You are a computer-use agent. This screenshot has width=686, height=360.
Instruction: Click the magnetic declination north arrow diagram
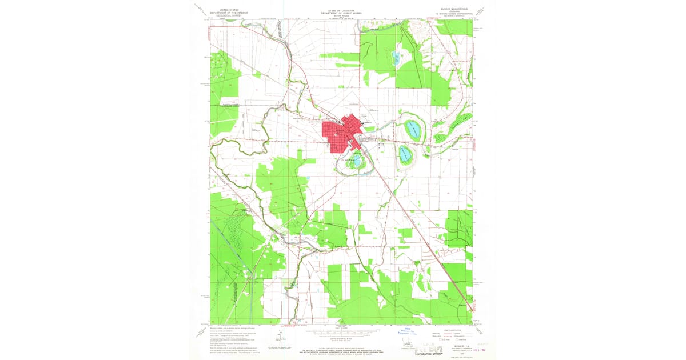pyautogui.click(x=278, y=338)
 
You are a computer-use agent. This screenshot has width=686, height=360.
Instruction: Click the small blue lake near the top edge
pyautogui.click(x=395, y=57)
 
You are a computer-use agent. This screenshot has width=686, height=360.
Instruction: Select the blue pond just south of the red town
pyautogui.click(x=357, y=162)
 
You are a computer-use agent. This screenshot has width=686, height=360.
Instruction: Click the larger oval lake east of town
pyautogui.click(x=413, y=130)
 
